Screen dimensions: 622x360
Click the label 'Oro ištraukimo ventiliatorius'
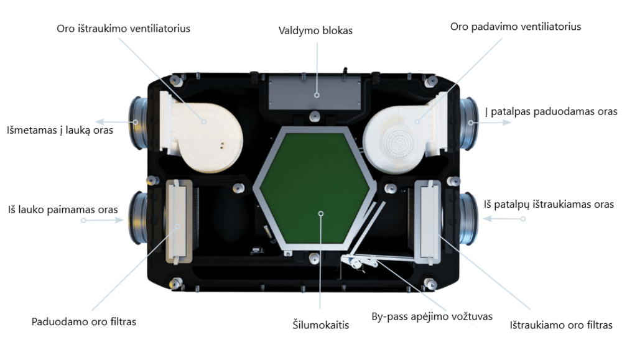coord(123,29)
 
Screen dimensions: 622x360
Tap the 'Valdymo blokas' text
coord(315,31)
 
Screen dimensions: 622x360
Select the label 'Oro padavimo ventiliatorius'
coord(515,27)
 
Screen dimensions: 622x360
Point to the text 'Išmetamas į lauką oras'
coord(60,130)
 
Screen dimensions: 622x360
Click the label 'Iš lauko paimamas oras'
coord(63,210)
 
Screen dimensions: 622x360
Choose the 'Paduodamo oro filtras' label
coord(84,321)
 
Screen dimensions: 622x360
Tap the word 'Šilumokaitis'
coord(321,325)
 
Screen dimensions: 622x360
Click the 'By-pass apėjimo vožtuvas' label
coord(432,316)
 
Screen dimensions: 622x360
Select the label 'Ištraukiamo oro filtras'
coord(561,325)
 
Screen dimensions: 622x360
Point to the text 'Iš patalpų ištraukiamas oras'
coord(549,205)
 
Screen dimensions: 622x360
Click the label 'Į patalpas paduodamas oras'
coord(551,111)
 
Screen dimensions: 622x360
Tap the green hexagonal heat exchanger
coord(315,189)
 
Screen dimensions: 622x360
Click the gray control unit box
coord(315,93)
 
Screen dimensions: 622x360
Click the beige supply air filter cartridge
coord(179,221)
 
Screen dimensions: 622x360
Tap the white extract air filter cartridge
coord(428,223)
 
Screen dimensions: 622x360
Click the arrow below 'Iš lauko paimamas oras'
coord(103,220)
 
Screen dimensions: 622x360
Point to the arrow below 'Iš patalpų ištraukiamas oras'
coord(504,218)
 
